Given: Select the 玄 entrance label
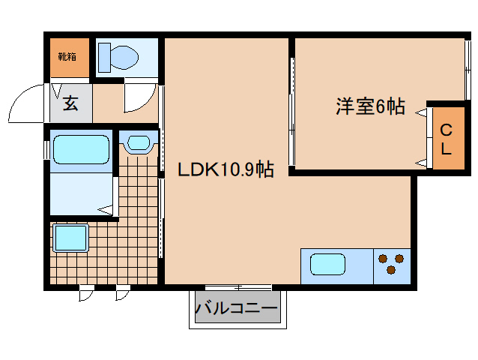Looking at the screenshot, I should point(70,103).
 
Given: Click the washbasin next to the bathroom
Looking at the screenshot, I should point(138,142).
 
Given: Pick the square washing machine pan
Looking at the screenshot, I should point(70,240).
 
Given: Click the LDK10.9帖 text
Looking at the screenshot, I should point(225,170).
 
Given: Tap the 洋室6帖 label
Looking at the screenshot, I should point(369,107).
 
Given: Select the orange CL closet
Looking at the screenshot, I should point(445,137).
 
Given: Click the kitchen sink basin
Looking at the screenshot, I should point(328,265).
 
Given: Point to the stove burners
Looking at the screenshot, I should point(392,265).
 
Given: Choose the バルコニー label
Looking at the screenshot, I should point(236,307).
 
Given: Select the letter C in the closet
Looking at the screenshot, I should point(445,128).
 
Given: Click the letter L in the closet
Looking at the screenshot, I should point(446,148).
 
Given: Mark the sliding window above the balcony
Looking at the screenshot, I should point(238,287).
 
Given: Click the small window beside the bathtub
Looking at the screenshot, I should point(46,149).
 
